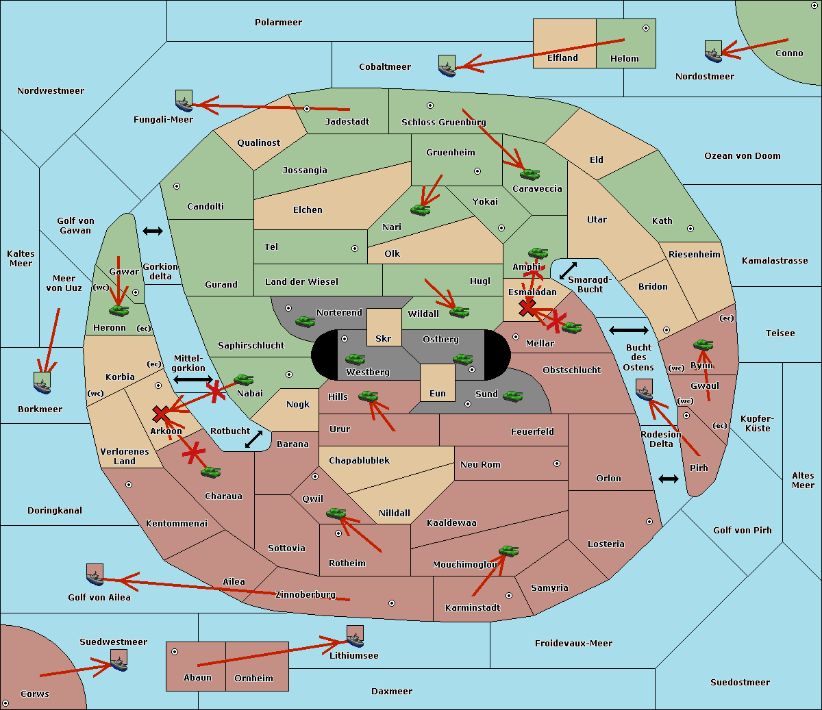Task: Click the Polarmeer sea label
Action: [x=278, y=23]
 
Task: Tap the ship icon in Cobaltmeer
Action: [x=447, y=66]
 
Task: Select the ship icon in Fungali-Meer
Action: [x=184, y=101]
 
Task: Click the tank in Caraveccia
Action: [x=530, y=174]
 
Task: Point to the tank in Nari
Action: [x=420, y=210]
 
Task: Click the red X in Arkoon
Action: [x=161, y=414]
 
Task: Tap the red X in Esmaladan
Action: [x=527, y=307]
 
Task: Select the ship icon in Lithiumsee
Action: [x=355, y=637]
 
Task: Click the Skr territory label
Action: [x=384, y=338]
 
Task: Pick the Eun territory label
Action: [x=438, y=393]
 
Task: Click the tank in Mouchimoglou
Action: [x=508, y=550]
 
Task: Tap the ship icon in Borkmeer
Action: [x=42, y=383]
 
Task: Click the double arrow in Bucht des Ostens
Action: [x=628, y=331]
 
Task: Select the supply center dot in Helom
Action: [x=645, y=28]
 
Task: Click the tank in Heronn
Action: [x=119, y=310]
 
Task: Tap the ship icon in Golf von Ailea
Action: [x=95, y=575]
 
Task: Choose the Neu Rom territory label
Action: [x=480, y=464]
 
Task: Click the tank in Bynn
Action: [x=703, y=344]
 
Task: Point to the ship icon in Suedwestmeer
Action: [x=119, y=661]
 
